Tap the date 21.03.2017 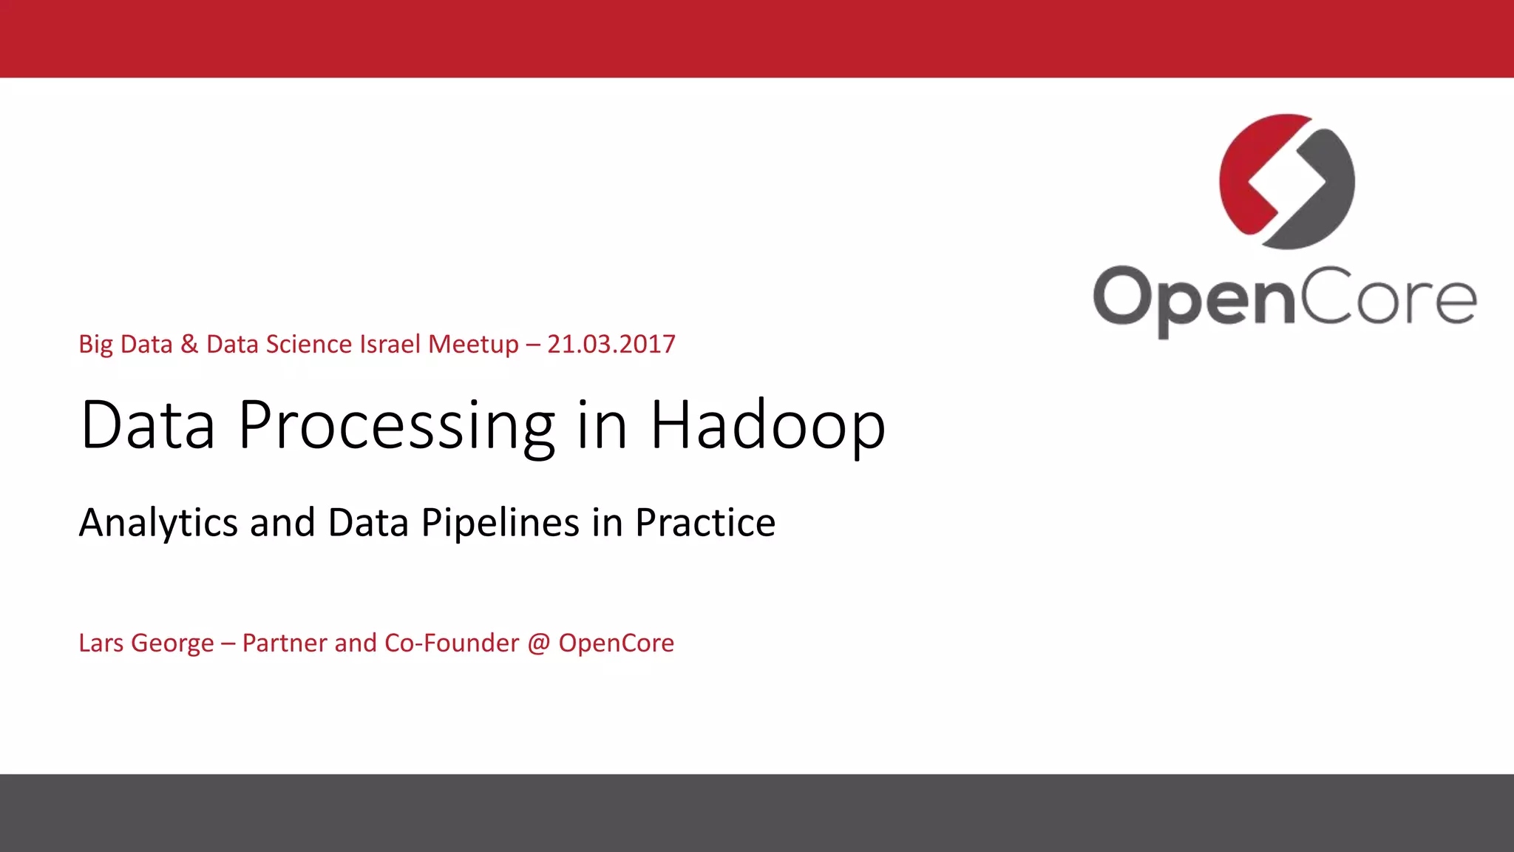coord(611,345)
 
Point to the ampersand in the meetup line coord(189,345)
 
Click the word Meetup coord(473,345)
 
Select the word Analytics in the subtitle coord(158,523)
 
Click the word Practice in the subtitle coord(705,523)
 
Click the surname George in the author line coord(172,643)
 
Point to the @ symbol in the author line coord(539,643)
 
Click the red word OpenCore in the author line coord(616,643)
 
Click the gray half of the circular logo coord(1323,200)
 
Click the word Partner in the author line coord(284,643)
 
